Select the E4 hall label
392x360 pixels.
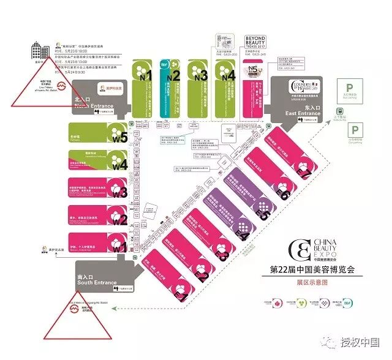coord(243,234)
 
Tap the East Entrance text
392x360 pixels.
coord(303,113)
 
